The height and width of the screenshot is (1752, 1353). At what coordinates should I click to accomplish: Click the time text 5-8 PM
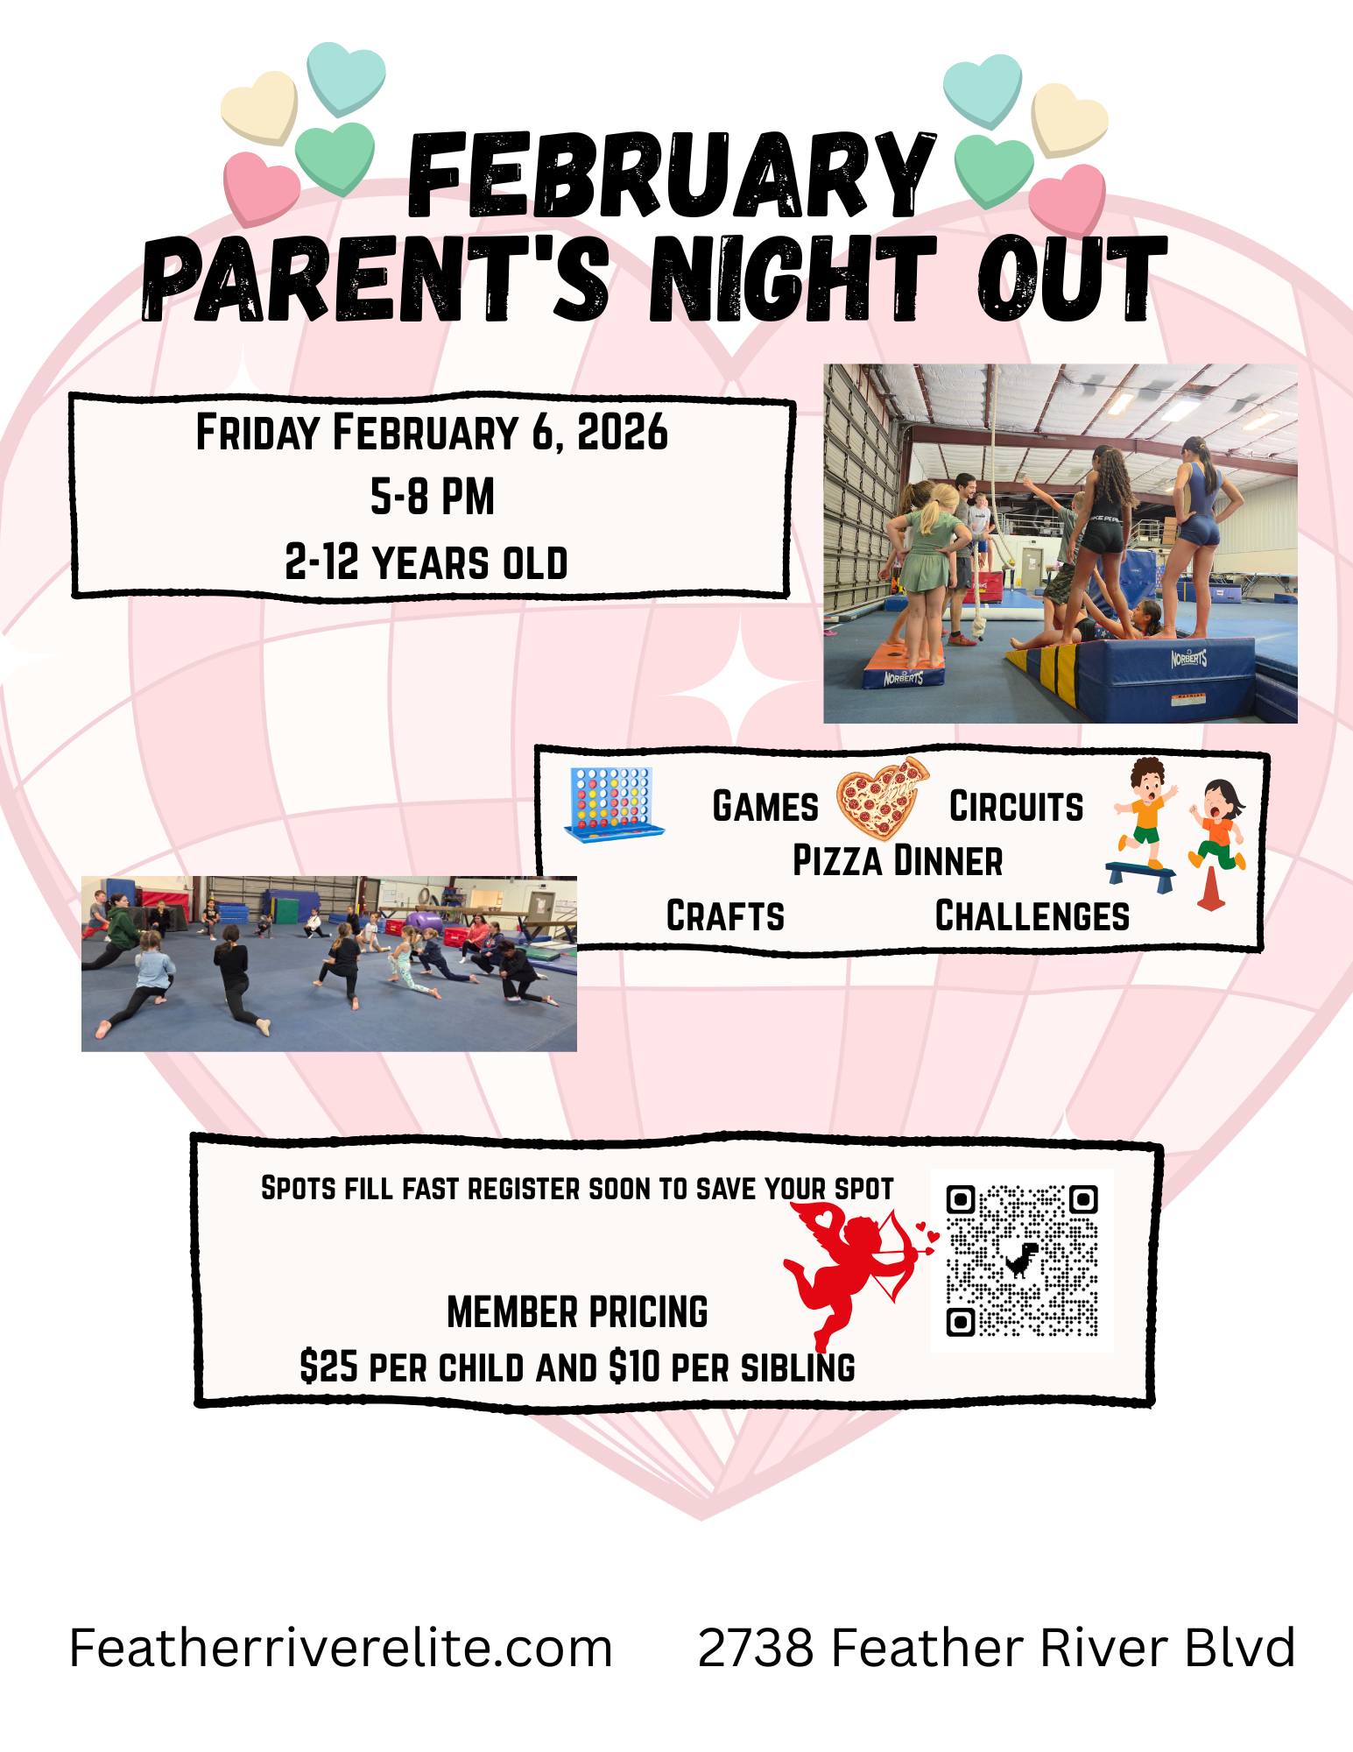coord(433,497)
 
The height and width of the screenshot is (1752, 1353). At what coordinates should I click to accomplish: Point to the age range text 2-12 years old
coord(426,562)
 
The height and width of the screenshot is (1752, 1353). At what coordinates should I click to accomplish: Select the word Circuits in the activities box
coord(1016,807)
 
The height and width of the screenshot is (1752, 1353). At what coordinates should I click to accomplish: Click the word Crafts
coord(725,915)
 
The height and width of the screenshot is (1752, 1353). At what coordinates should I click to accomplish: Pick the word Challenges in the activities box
coord(1032,915)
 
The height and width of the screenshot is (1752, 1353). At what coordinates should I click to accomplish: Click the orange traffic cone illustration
coord(1209,888)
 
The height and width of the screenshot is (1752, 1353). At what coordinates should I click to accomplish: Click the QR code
coord(1022,1260)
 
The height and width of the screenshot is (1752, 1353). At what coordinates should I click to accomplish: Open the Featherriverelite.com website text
coord(341,1648)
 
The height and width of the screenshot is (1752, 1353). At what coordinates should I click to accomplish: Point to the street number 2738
coord(756,1648)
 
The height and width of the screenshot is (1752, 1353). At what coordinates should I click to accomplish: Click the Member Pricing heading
coord(577,1312)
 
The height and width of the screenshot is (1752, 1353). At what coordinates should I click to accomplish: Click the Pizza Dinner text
coord(897,861)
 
